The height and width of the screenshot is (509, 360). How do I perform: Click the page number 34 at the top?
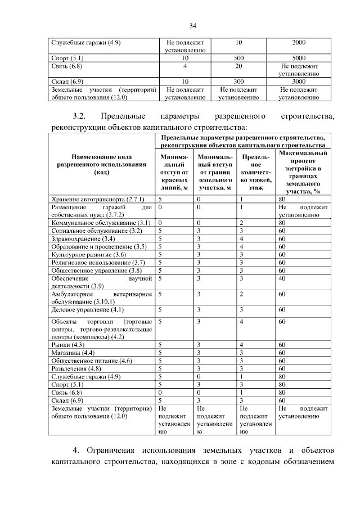point(192,25)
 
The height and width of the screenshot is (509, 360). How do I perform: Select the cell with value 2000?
point(299,42)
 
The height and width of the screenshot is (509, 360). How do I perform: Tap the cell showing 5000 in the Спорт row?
point(299,57)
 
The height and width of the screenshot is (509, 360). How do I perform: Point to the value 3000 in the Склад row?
point(299,81)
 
